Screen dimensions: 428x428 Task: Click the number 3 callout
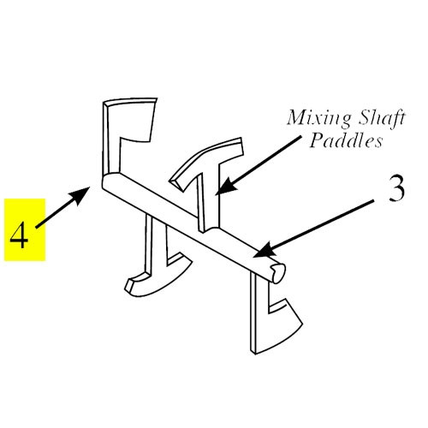(x=397, y=187)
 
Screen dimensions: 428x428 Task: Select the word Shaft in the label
(x=382, y=118)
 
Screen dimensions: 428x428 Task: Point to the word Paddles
(x=346, y=140)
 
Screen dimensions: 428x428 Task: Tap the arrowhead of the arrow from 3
(x=264, y=251)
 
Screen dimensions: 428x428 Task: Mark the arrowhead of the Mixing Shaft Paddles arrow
(x=226, y=187)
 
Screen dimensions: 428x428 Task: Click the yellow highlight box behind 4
(x=25, y=229)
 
